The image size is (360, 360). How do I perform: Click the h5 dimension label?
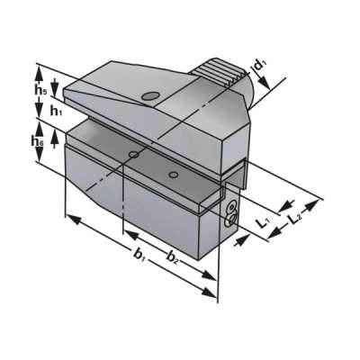click(x=41, y=90)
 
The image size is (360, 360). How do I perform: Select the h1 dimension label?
click(x=56, y=111)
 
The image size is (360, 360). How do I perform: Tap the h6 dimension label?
click(x=36, y=141)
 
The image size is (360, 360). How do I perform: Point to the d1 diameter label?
click(x=259, y=65)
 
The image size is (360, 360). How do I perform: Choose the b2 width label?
click(x=171, y=258)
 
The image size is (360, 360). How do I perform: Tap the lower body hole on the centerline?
click(x=133, y=156)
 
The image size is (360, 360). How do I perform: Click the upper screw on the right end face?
click(x=231, y=207)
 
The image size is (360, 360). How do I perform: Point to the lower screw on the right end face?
click(x=232, y=218)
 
